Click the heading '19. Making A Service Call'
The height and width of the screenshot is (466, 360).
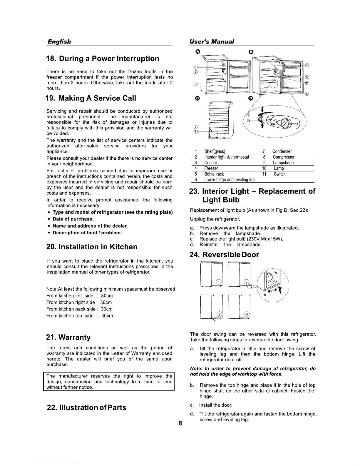click(x=91, y=98)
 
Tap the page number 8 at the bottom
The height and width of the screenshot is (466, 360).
click(x=180, y=423)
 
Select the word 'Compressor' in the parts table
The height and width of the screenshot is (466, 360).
click(x=283, y=157)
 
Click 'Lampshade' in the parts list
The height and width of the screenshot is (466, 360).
click(x=283, y=163)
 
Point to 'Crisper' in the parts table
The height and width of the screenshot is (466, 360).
click(x=211, y=163)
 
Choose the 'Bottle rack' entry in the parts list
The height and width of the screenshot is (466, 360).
click(x=214, y=174)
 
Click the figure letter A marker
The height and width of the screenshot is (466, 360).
click(x=198, y=51)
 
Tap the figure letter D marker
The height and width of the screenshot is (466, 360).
click(x=250, y=98)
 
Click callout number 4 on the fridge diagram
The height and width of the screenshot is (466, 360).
click(x=307, y=65)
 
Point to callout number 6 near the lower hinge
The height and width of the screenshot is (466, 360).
click(x=307, y=94)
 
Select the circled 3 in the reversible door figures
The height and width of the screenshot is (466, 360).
click(x=219, y=314)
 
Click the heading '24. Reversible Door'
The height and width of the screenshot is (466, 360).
click(x=224, y=255)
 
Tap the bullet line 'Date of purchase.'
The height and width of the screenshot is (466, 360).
click(x=73, y=219)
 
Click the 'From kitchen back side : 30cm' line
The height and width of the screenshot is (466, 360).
click(x=79, y=309)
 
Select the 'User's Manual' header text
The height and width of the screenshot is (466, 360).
click(x=212, y=42)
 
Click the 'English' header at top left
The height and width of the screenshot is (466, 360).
click(x=59, y=42)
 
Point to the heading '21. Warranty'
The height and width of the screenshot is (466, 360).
click(x=68, y=337)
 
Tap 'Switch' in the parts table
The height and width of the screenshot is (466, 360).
click(x=279, y=174)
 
